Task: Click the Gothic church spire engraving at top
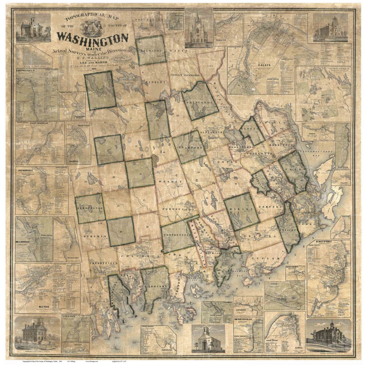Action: (x=198, y=29)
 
